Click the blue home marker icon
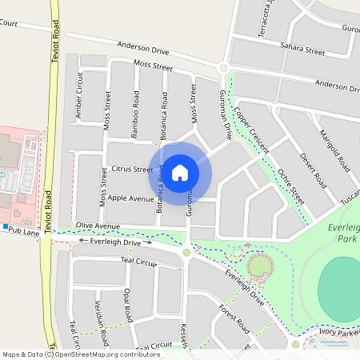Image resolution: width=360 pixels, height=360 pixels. click(x=180, y=171)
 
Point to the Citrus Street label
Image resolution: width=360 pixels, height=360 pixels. click(x=132, y=170)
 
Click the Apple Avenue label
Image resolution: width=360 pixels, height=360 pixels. click(x=130, y=198)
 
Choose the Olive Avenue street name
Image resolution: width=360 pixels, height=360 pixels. click(x=97, y=226)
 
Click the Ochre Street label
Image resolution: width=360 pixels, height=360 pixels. click(x=291, y=186)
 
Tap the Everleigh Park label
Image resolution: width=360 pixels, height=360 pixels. click(x=343, y=234)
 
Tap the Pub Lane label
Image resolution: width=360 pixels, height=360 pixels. click(x=25, y=230)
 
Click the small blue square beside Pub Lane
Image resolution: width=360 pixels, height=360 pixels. click(x=5, y=228)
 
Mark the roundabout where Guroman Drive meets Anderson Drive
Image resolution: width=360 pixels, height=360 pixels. click(x=224, y=70)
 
